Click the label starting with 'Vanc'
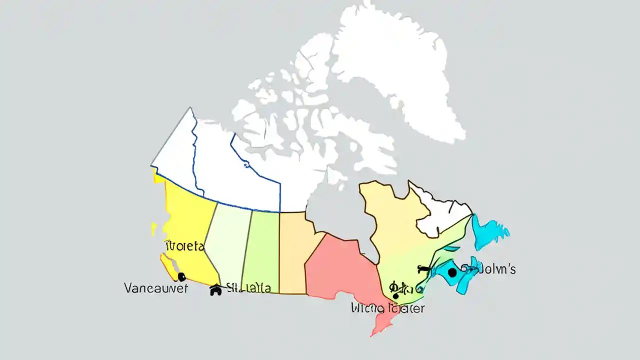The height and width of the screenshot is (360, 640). (155, 288)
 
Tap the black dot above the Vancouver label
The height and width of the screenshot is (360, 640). (181, 276)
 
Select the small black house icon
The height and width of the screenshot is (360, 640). (215, 290)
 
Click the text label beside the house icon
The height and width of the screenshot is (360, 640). (248, 288)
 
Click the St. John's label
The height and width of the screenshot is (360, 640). (492, 269)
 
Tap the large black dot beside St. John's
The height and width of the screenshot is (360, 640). (452, 272)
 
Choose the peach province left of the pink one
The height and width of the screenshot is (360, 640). (295, 250)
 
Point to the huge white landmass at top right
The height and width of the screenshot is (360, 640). (400, 70)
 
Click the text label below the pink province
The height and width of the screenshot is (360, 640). (387, 308)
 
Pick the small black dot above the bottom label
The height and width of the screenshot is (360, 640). (396, 296)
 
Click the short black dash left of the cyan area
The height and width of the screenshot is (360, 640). (423, 269)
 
